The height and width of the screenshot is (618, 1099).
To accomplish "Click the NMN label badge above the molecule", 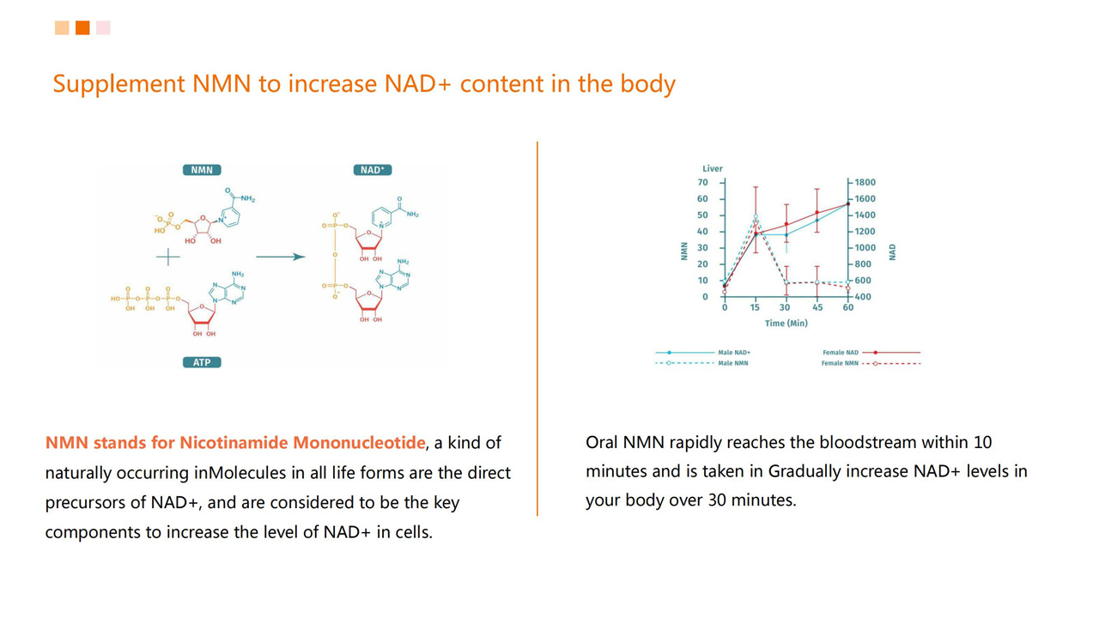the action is (202, 170).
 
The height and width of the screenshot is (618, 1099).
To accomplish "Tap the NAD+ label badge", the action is (373, 170).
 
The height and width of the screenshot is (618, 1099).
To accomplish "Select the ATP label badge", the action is (202, 362).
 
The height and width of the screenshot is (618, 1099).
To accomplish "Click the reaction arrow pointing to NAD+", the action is (281, 257).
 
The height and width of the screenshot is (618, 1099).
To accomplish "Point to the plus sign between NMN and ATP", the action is (167, 257).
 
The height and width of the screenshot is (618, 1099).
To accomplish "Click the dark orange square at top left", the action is (82, 28).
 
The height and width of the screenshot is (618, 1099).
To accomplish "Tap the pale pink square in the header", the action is (103, 28).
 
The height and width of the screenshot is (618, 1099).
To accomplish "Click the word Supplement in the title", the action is (118, 84).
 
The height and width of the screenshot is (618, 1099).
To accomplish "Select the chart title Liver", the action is (713, 168).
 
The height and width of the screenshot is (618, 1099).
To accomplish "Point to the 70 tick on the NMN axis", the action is (702, 183).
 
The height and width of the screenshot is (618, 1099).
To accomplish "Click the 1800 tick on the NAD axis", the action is (865, 183).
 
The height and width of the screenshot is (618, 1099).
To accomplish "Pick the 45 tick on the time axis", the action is (817, 307).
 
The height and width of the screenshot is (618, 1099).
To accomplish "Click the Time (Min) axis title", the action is (786, 324).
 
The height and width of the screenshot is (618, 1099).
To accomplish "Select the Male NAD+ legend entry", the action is (702, 352).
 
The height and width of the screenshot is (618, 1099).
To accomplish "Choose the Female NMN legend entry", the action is (871, 363).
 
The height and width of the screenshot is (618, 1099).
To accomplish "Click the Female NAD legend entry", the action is (871, 352).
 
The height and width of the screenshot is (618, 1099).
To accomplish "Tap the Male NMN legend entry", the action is (701, 363).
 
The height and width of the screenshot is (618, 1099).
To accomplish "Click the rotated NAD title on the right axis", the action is (892, 252).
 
